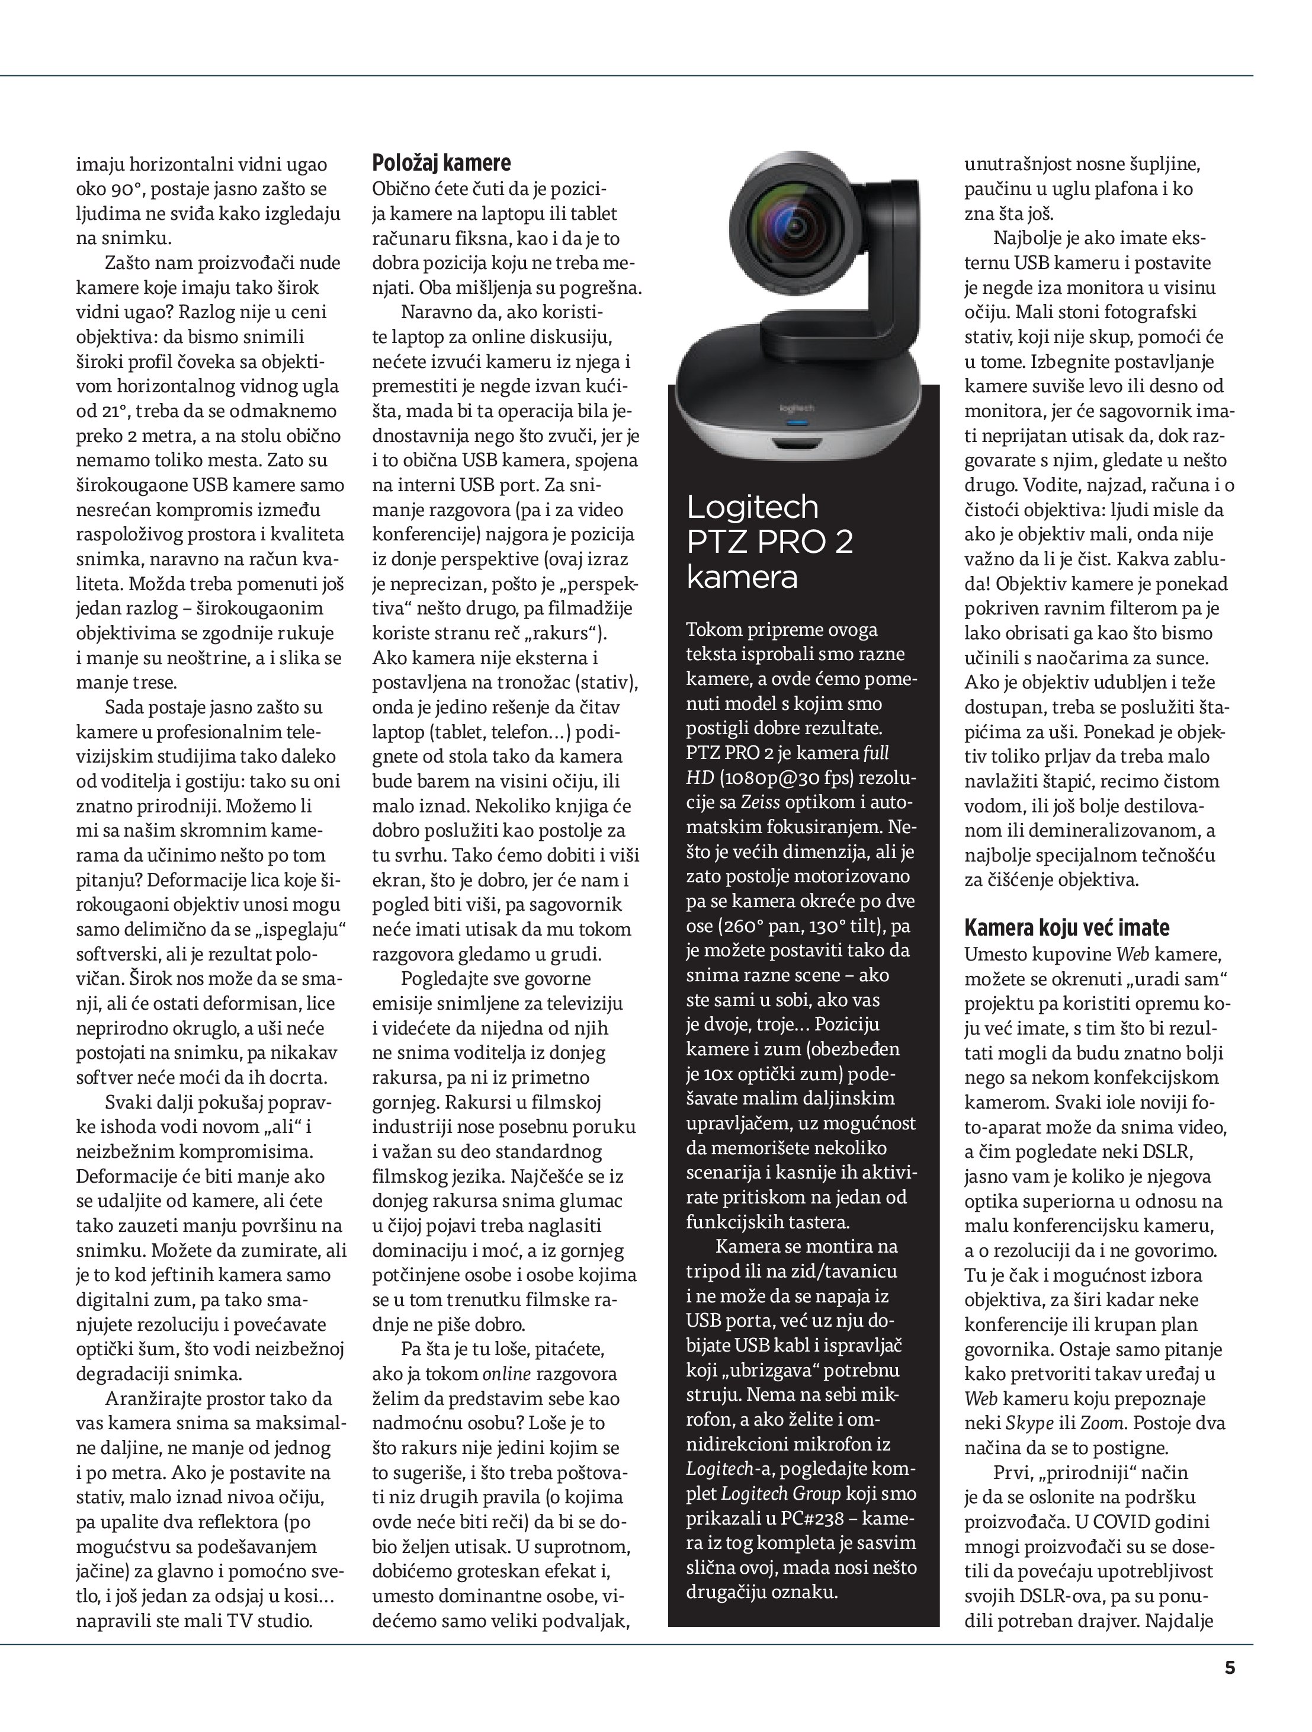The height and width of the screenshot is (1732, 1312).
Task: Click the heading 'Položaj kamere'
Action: click(441, 163)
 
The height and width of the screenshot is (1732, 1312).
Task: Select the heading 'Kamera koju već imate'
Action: click(1066, 928)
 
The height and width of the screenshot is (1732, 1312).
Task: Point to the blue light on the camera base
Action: click(796, 423)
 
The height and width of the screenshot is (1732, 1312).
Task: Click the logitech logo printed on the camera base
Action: click(797, 408)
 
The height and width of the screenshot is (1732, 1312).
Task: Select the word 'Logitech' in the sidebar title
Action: click(752, 507)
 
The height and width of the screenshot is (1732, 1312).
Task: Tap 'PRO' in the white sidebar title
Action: click(784, 542)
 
